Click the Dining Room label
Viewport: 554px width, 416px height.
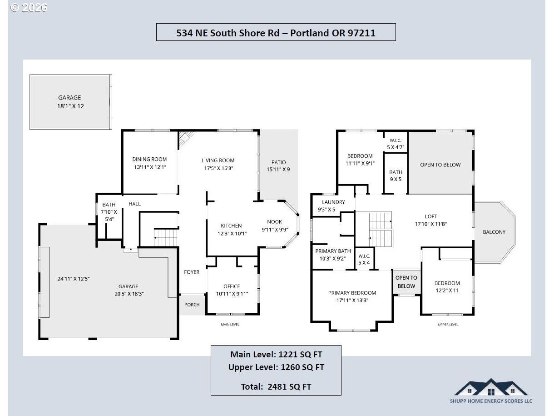(x=149, y=159)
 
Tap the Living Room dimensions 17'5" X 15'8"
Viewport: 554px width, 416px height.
(x=218, y=168)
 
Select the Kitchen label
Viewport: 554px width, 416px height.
(x=231, y=226)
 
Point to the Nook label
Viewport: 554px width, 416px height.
(x=274, y=222)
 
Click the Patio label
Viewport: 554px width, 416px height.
(x=279, y=162)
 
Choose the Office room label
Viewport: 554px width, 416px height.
(x=232, y=286)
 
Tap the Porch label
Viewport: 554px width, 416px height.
(x=192, y=305)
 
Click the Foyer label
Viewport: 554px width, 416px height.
(x=192, y=272)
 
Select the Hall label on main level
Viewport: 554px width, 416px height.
(x=134, y=204)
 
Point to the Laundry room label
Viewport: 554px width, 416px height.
(x=333, y=202)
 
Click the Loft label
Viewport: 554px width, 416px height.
(x=431, y=216)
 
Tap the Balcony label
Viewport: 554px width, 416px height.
(x=494, y=232)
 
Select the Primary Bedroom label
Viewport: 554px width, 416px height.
(x=352, y=293)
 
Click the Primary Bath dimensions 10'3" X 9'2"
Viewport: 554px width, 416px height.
(x=333, y=258)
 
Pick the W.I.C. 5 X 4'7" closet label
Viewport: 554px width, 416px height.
(x=396, y=144)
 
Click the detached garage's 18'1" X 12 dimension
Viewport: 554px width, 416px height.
(x=70, y=106)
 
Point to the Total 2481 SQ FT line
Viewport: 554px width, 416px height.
(x=276, y=386)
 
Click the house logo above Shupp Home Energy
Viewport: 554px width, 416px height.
(x=491, y=387)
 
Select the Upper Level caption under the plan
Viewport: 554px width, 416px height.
(x=448, y=325)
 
